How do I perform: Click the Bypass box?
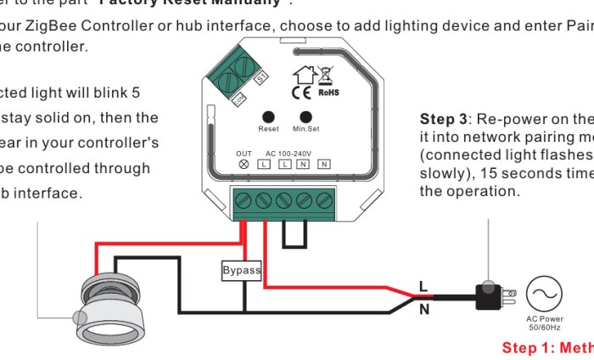241,271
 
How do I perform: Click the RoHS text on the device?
328,93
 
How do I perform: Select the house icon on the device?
303,75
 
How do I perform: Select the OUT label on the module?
244,153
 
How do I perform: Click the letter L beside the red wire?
423,287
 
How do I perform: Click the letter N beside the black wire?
423,310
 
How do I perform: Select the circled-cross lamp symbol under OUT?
244,163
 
